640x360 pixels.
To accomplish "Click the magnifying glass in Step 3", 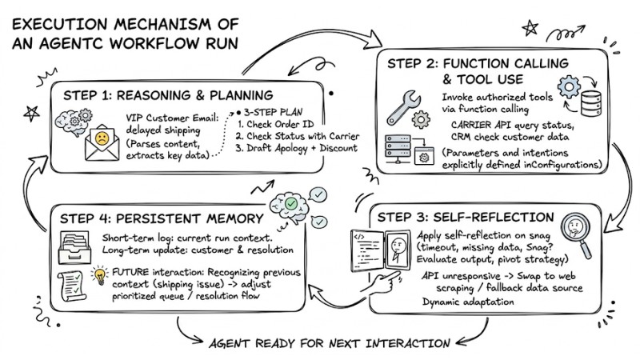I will coord(577,230).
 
